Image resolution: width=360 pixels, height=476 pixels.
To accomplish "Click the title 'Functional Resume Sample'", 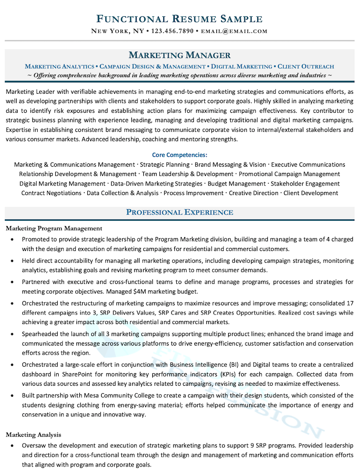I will point(180,19).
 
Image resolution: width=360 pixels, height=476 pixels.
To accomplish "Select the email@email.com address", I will point(235,32).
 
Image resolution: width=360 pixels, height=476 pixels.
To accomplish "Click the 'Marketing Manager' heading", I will point(180,55).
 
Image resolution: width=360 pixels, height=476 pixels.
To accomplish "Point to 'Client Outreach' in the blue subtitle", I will point(306,66).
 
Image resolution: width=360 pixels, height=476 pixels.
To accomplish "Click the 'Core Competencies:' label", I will point(180,155).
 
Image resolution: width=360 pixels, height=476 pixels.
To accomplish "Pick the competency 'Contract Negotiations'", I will point(51,193).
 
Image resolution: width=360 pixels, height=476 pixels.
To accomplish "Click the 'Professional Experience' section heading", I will point(180,212).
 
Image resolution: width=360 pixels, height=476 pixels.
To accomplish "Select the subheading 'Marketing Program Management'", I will point(54,228).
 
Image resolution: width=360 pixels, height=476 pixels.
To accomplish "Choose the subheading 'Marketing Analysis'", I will point(33,434).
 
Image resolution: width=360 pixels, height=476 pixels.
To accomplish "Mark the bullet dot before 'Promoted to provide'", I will point(12,239).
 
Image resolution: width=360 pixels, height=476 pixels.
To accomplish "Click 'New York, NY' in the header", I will point(117,32).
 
